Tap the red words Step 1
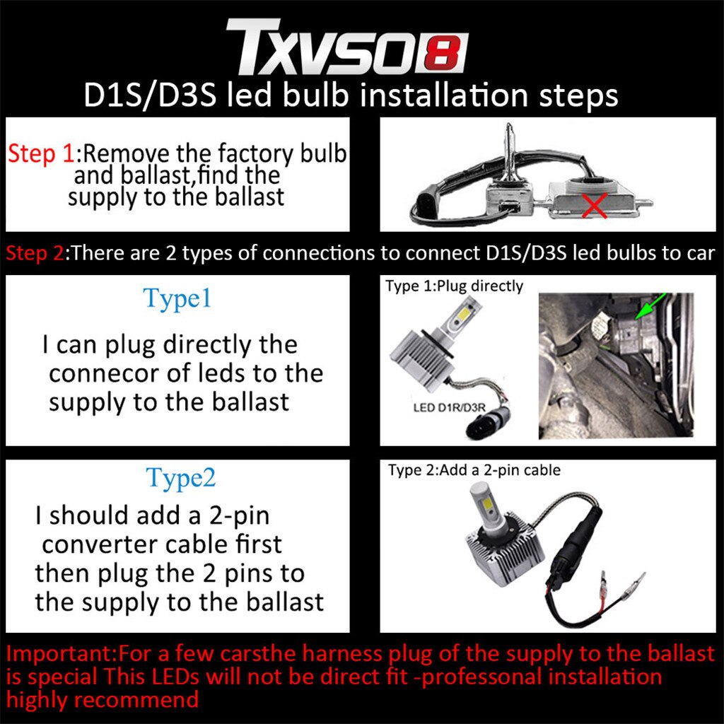coord(40,153)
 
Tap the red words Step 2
coord(34,253)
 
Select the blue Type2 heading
coord(180,478)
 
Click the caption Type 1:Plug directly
coord(454,286)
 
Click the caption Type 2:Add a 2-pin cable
coord(474,470)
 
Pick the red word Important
coord(61,653)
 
